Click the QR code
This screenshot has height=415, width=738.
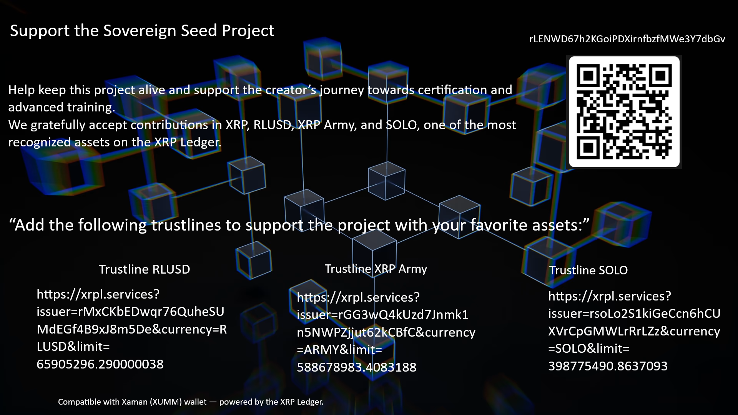[624, 112]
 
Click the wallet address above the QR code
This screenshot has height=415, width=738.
[627, 39]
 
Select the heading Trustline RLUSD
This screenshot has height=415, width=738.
[145, 269]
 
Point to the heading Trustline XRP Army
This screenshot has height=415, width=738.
[376, 269]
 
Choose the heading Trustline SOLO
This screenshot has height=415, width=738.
[588, 270]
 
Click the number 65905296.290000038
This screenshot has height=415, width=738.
[100, 364]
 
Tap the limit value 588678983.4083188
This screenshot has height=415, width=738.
[357, 367]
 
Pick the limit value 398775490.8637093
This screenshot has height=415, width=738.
[608, 366]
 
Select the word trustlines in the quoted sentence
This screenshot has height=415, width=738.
[186, 225]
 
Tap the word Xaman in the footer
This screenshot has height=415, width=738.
[135, 402]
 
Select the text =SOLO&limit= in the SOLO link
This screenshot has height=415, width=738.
[589, 349]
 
